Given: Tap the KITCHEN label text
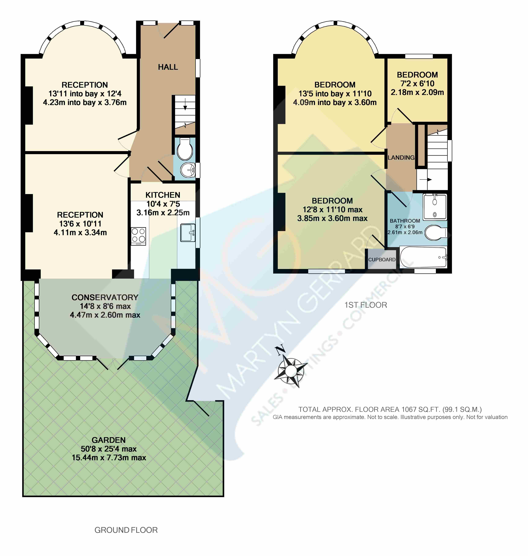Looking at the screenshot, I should [x=163, y=195].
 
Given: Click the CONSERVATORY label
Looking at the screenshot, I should [x=105, y=297].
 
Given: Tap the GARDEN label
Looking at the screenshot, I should [x=109, y=440].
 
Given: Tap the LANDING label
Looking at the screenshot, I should [x=401, y=158].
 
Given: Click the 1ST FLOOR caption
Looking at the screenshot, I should [x=366, y=305].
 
